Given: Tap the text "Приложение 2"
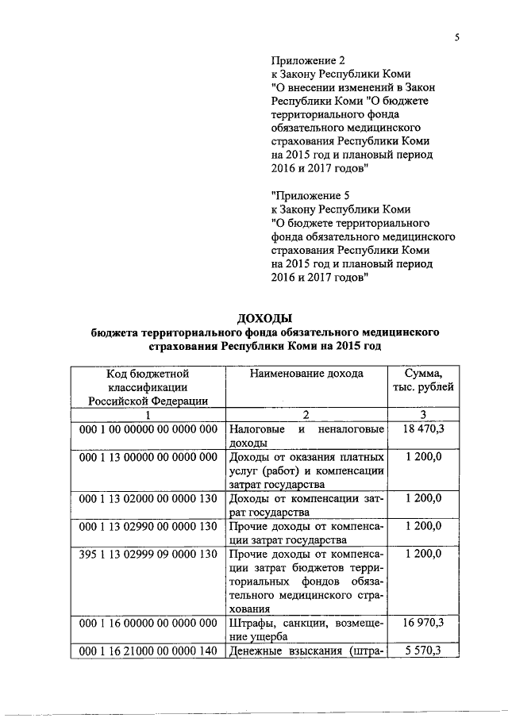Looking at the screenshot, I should click(x=309, y=60).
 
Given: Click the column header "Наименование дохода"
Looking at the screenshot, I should click(x=306, y=372).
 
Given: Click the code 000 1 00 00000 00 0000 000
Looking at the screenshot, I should click(x=148, y=429).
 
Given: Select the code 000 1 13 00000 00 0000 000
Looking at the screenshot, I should click(x=148, y=457).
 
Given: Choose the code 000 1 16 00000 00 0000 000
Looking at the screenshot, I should click(x=148, y=624).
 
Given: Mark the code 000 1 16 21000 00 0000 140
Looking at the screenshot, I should click(x=148, y=651).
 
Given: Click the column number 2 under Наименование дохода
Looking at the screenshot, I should click(x=306, y=414).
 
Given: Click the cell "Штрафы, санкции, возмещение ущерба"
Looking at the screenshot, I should click(x=306, y=631).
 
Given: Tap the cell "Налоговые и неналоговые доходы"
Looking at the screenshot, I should click(x=306, y=436).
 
